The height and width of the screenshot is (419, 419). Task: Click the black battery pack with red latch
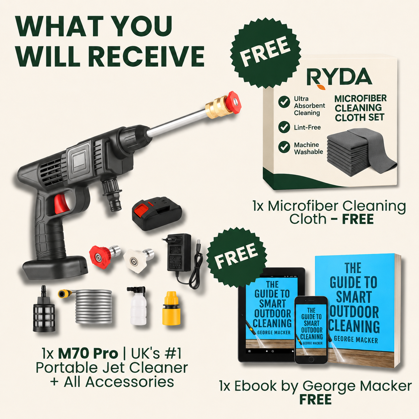tap(157, 215)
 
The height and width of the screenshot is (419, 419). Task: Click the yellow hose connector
tap(171, 308)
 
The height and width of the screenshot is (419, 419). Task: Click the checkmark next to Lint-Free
tap(284, 127)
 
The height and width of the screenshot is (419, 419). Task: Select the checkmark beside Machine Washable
tap(284, 147)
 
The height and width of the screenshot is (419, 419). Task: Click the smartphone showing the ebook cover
tap(311, 330)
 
